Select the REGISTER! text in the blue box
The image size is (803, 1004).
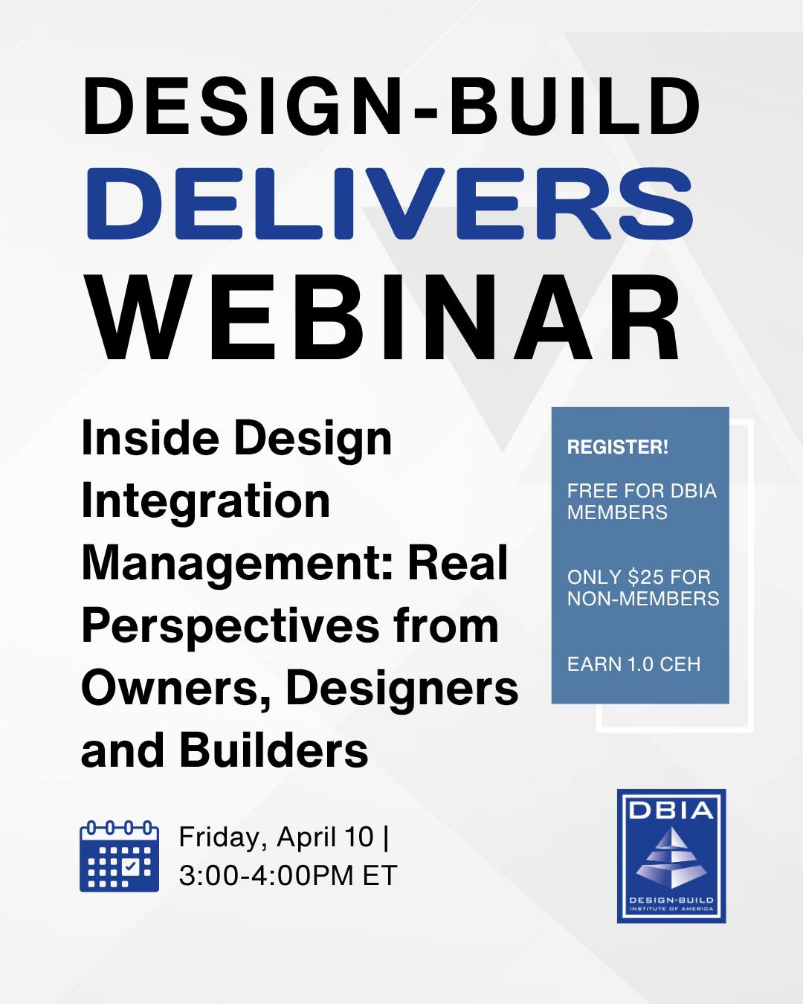point(617,447)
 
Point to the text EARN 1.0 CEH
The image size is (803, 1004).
point(633,664)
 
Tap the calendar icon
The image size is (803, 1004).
point(119,856)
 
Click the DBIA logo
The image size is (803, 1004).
point(671,856)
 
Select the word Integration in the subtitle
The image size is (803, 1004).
point(205,501)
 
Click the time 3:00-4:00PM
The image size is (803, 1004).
point(266,875)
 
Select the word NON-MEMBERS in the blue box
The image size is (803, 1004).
point(643,599)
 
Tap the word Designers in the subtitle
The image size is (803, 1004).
point(401,688)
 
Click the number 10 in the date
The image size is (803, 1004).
point(359,837)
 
